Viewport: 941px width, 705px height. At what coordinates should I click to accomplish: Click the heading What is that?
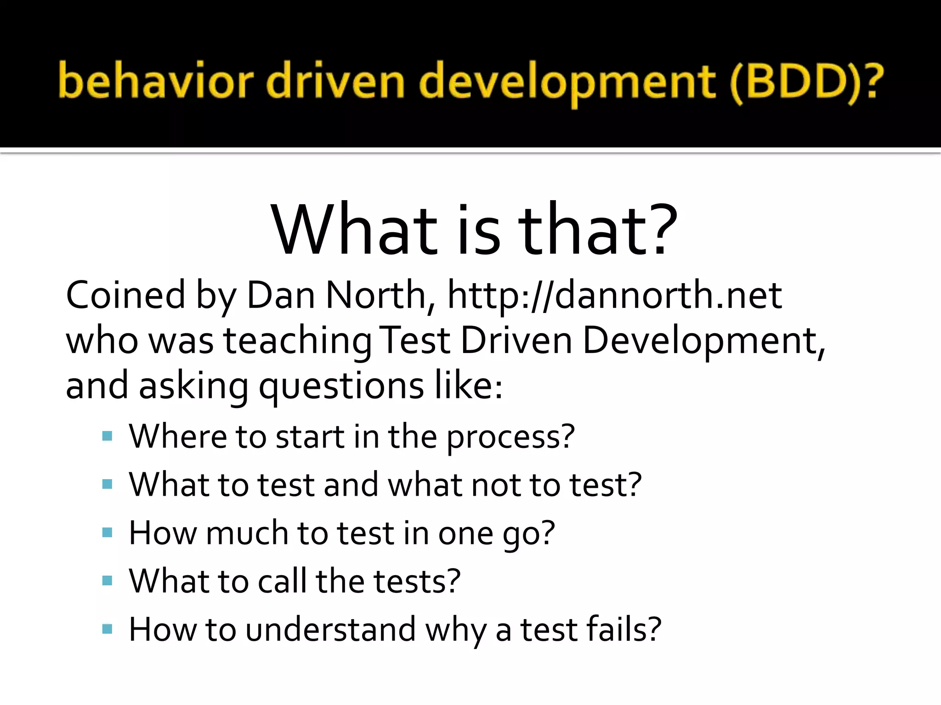[x=474, y=229]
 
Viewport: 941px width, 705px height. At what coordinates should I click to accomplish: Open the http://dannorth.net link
[x=614, y=295]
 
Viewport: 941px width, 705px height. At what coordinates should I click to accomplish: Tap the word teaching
[x=297, y=341]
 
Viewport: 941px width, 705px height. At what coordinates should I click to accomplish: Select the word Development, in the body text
[x=704, y=341]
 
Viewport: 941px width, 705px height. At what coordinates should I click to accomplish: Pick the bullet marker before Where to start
[x=108, y=436]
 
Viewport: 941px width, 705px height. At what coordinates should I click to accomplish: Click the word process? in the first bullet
[x=510, y=437]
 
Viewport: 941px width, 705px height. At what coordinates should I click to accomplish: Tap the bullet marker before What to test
[x=108, y=484]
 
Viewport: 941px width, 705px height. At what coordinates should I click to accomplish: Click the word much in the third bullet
[x=247, y=533]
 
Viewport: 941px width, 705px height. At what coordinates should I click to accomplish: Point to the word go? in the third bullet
[x=528, y=534]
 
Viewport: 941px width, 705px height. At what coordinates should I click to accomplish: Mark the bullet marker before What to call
[x=108, y=581]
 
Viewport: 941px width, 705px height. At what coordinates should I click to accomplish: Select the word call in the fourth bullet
[x=282, y=581]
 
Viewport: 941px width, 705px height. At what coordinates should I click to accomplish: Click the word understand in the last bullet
[x=330, y=629]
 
